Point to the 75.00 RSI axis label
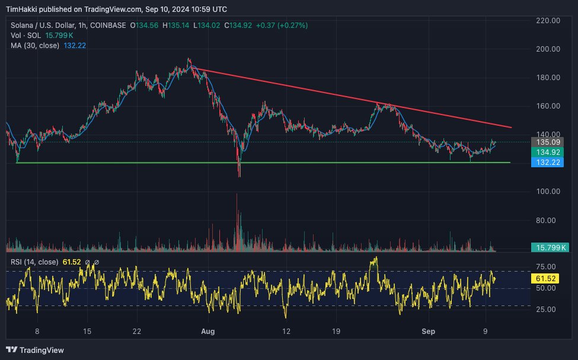(545, 267)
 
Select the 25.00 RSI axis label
(545, 310)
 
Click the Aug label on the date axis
(206, 332)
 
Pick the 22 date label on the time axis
(137, 332)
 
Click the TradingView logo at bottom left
(35, 350)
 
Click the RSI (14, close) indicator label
(34, 262)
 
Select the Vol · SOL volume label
(25, 36)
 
